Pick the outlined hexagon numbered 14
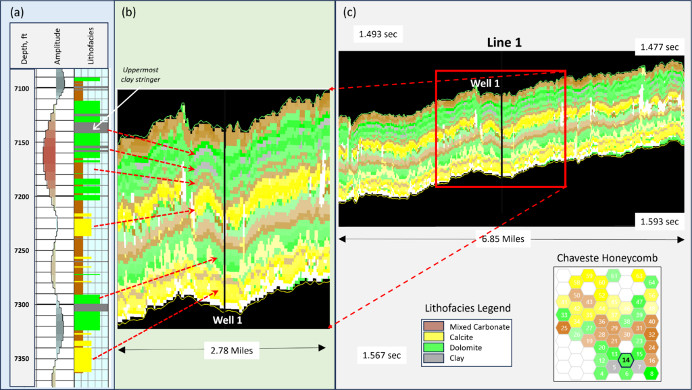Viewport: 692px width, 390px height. tap(626, 361)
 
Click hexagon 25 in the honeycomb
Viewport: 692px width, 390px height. tap(564, 328)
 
